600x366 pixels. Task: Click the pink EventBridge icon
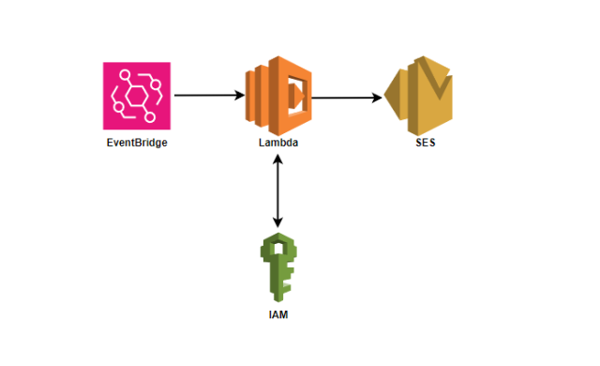point(137,96)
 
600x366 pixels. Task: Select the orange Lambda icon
point(278,96)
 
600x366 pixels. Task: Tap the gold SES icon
point(419,96)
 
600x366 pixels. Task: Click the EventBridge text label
point(137,144)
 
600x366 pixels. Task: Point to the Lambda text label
point(278,144)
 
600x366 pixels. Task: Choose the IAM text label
point(277,313)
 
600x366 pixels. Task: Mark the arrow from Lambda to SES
point(347,97)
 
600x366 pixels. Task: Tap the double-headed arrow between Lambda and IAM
point(277,191)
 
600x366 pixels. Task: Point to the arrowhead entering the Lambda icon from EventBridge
point(239,96)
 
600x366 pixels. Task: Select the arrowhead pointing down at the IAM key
point(277,222)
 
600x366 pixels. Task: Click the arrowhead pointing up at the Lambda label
point(277,160)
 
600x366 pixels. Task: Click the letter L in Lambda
point(261,144)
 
